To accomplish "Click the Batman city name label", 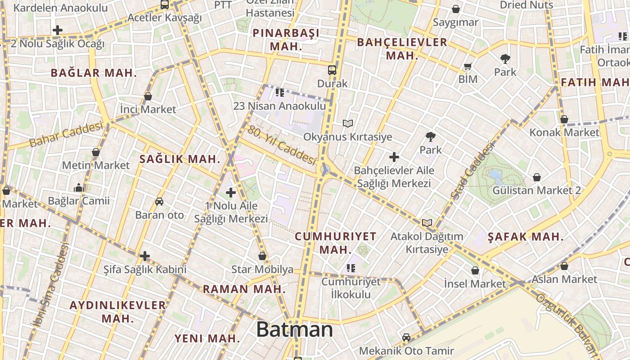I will pos(295,330).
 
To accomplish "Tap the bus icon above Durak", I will pos(332,70).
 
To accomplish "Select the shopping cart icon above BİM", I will pos(468,67).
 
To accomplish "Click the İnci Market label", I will pos(148,109).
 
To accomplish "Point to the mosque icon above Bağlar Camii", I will pos(79,188).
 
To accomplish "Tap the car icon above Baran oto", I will pos(159,201).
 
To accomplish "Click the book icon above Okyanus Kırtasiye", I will pos(347,123).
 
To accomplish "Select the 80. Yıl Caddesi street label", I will pos(282,145).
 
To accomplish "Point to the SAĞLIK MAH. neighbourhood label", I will pos(180,159).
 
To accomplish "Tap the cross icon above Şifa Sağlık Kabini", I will pos(144,256).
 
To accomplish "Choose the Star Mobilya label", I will pos(262,270).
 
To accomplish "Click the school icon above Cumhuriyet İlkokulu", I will pos(351,268).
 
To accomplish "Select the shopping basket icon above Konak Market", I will pos(564,119).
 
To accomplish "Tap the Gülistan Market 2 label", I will pos(536,190).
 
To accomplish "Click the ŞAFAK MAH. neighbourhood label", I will pos(526,237).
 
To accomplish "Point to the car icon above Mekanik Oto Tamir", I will pos(406,337).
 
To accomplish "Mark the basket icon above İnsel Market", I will pos(475,270).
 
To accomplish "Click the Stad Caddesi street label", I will pos(472,171).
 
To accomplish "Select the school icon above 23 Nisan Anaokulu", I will pos(279,93).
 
